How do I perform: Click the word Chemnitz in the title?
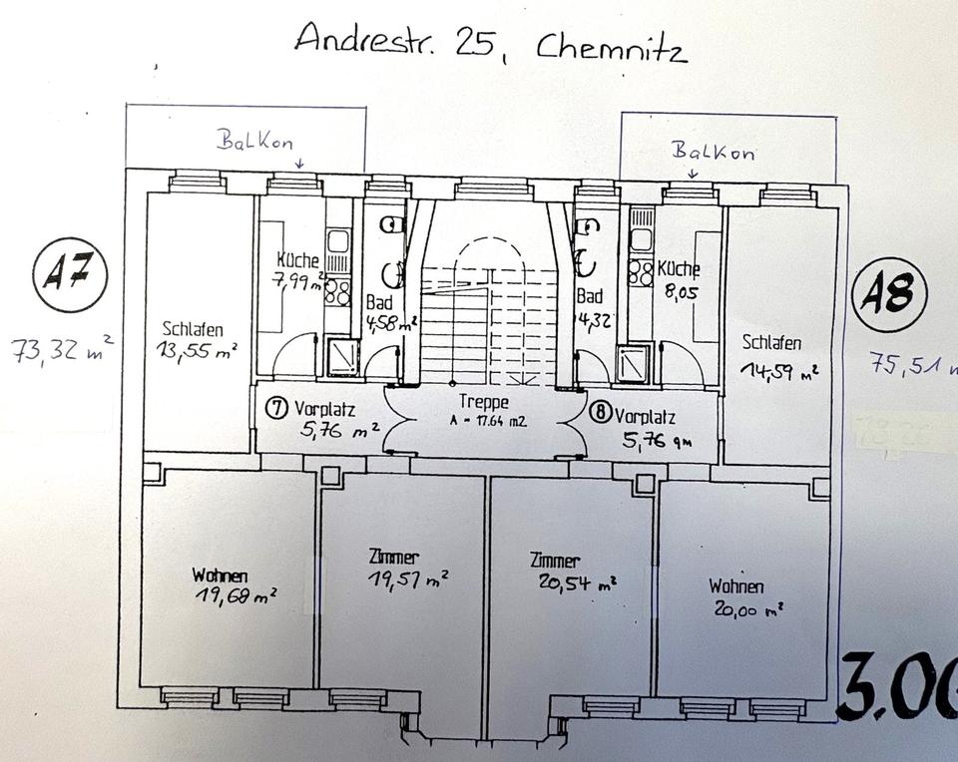tap(611, 47)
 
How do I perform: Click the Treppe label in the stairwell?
tap(485, 403)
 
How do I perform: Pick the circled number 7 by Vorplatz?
tap(276, 408)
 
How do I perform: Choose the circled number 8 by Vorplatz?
tap(600, 411)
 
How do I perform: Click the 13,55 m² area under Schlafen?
tap(197, 349)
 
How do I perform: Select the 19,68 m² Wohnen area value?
tap(237, 596)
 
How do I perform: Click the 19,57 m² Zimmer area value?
tap(407, 578)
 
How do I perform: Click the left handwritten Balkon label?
tap(255, 141)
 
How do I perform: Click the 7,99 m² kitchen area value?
tap(296, 280)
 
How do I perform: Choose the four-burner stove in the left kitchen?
tap(338, 291)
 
